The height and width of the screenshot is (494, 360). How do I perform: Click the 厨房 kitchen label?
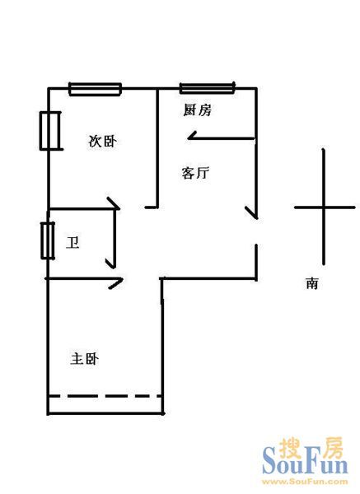click(198, 110)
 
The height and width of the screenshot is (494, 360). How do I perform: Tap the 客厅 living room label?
click(195, 173)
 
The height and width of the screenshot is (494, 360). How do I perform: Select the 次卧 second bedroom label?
click(102, 141)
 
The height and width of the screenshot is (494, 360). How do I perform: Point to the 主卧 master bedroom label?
click(85, 359)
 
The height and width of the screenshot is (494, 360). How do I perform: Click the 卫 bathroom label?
click(72, 243)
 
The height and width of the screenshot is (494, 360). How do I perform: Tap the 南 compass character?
click(312, 283)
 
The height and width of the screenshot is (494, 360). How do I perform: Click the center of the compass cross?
click(324, 207)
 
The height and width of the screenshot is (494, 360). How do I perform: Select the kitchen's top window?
click(208, 88)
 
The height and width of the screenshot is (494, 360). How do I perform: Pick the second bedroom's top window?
click(96, 89)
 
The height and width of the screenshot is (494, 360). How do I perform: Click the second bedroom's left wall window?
click(49, 130)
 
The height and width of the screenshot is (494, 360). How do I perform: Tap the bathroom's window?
click(48, 240)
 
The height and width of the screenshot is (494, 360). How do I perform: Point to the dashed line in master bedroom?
click(105, 396)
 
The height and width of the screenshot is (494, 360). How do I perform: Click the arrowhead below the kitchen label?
click(192, 136)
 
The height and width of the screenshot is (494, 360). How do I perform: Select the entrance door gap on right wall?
click(256, 231)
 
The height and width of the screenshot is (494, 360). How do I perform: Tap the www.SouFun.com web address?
click(305, 482)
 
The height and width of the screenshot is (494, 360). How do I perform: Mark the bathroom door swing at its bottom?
click(111, 263)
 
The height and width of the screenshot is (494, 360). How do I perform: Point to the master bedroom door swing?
click(115, 283)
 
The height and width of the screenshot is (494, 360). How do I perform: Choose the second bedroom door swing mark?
click(114, 203)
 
